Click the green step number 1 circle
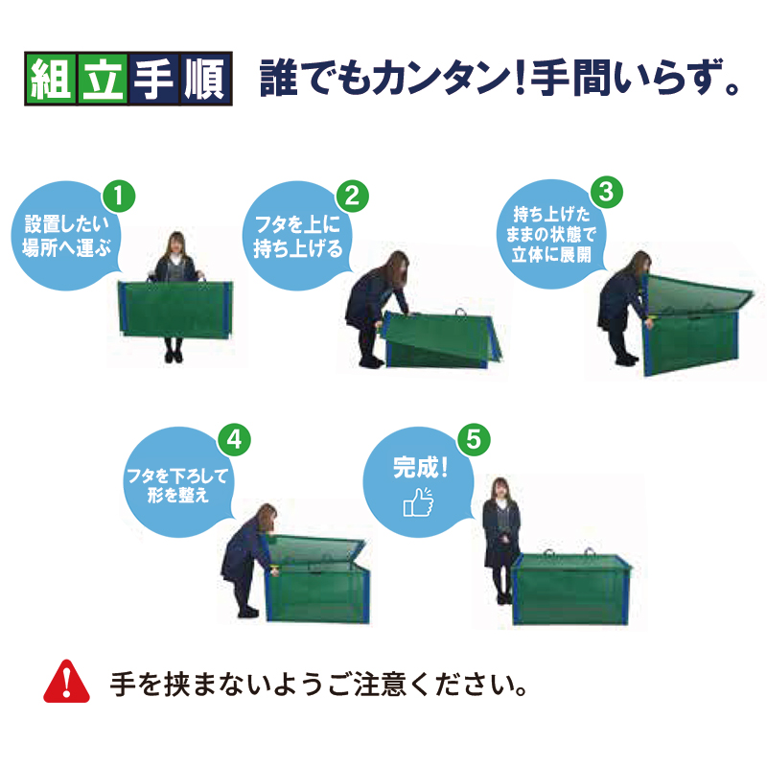pyautogui.click(x=119, y=197)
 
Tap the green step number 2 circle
pyautogui.click(x=352, y=197)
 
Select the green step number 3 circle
pyautogui.click(x=607, y=192)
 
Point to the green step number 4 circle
pyautogui.click(x=234, y=439)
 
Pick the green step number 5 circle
pyautogui.click(x=474, y=439)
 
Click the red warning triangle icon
pyautogui.click(x=66, y=682)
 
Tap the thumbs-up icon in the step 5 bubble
pyautogui.click(x=418, y=501)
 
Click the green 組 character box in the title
pyautogui.click(x=51, y=79)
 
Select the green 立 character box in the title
pyautogui.click(x=103, y=79)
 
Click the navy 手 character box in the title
pyautogui.click(x=154, y=79)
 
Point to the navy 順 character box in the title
pyautogui.click(x=205, y=79)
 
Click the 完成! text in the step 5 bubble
pyautogui.click(x=420, y=468)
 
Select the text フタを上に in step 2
pyautogui.click(x=297, y=225)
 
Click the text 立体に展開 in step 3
pyautogui.click(x=551, y=255)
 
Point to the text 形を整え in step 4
pyautogui.click(x=178, y=495)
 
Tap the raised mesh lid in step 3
pyautogui.click(x=700, y=295)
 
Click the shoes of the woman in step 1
pyautogui.click(x=174, y=356)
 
